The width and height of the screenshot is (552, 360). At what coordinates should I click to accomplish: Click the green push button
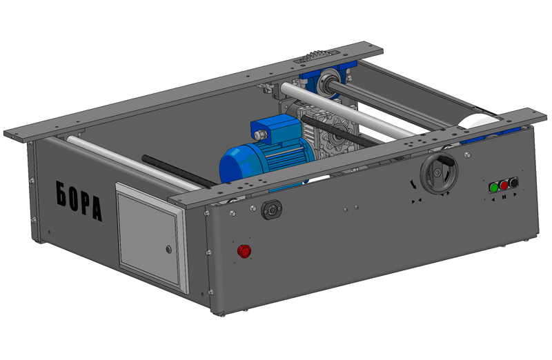pos(494,188)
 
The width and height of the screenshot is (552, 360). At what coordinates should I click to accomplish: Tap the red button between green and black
pos(504,186)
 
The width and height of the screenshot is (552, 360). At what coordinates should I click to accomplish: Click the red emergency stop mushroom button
pos(244,251)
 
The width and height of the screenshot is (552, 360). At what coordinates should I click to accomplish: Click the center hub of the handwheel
pos(437,173)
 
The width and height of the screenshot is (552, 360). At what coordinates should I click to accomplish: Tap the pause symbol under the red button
pos(504,197)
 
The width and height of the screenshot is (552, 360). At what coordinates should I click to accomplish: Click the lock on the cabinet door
pos(168,250)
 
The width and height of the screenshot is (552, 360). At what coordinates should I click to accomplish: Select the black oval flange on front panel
pos(271,210)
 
